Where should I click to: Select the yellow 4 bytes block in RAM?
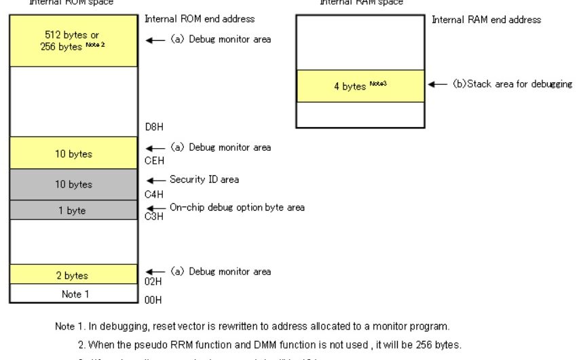click(x=360, y=86)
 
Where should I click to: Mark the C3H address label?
click(x=153, y=217)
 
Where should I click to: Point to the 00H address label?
click(x=153, y=300)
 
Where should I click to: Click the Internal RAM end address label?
click(x=486, y=20)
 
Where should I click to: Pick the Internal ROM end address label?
click(x=200, y=19)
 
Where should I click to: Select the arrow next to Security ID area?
click(x=156, y=181)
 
